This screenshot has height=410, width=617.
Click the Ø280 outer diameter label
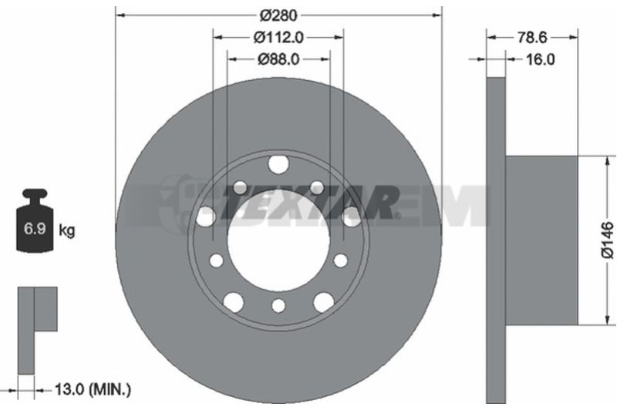(x=278, y=15)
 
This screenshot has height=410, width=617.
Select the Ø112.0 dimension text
(x=278, y=37)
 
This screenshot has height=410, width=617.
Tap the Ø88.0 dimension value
(x=278, y=59)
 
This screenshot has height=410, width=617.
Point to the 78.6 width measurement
(x=532, y=37)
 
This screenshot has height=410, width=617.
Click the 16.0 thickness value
(x=541, y=59)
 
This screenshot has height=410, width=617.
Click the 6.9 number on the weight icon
(x=35, y=229)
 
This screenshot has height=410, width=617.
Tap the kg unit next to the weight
(x=66, y=230)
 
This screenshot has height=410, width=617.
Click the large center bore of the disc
(x=278, y=240)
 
